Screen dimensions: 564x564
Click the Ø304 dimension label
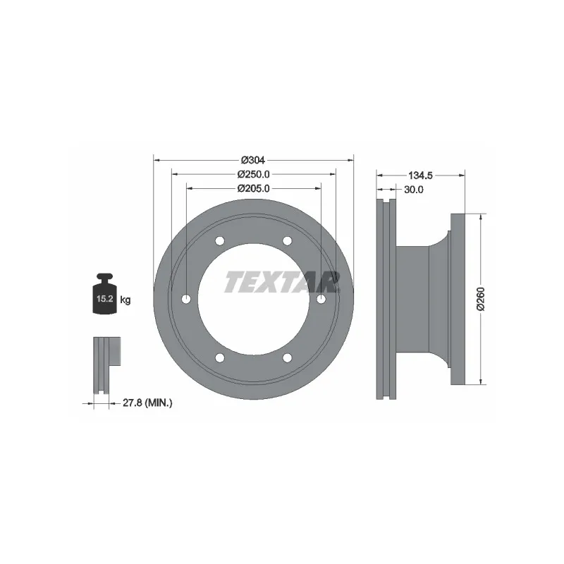(254, 159)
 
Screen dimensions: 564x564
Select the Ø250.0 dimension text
(254, 173)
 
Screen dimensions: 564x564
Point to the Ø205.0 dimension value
(254, 188)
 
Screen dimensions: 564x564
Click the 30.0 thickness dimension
(413, 189)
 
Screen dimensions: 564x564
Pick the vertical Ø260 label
(480, 300)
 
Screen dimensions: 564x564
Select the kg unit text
(125, 300)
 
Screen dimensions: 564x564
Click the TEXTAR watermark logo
(280, 282)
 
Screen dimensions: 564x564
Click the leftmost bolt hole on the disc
(185, 300)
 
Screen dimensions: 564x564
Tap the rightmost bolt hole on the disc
(321, 300)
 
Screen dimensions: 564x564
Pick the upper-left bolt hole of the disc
(219, 241)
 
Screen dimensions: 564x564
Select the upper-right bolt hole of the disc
(287, 241)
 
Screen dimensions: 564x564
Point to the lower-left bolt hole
(219, 358)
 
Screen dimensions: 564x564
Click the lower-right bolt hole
(287, 358)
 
